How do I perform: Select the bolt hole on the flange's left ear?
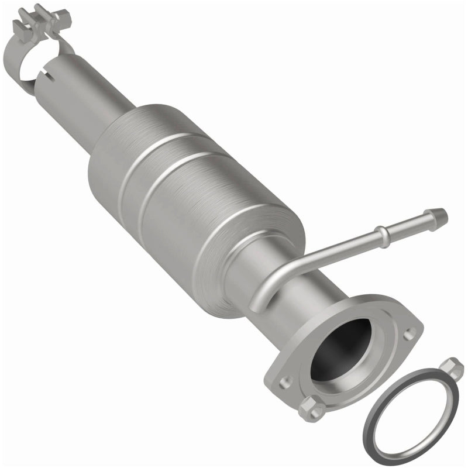[285, 382]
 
